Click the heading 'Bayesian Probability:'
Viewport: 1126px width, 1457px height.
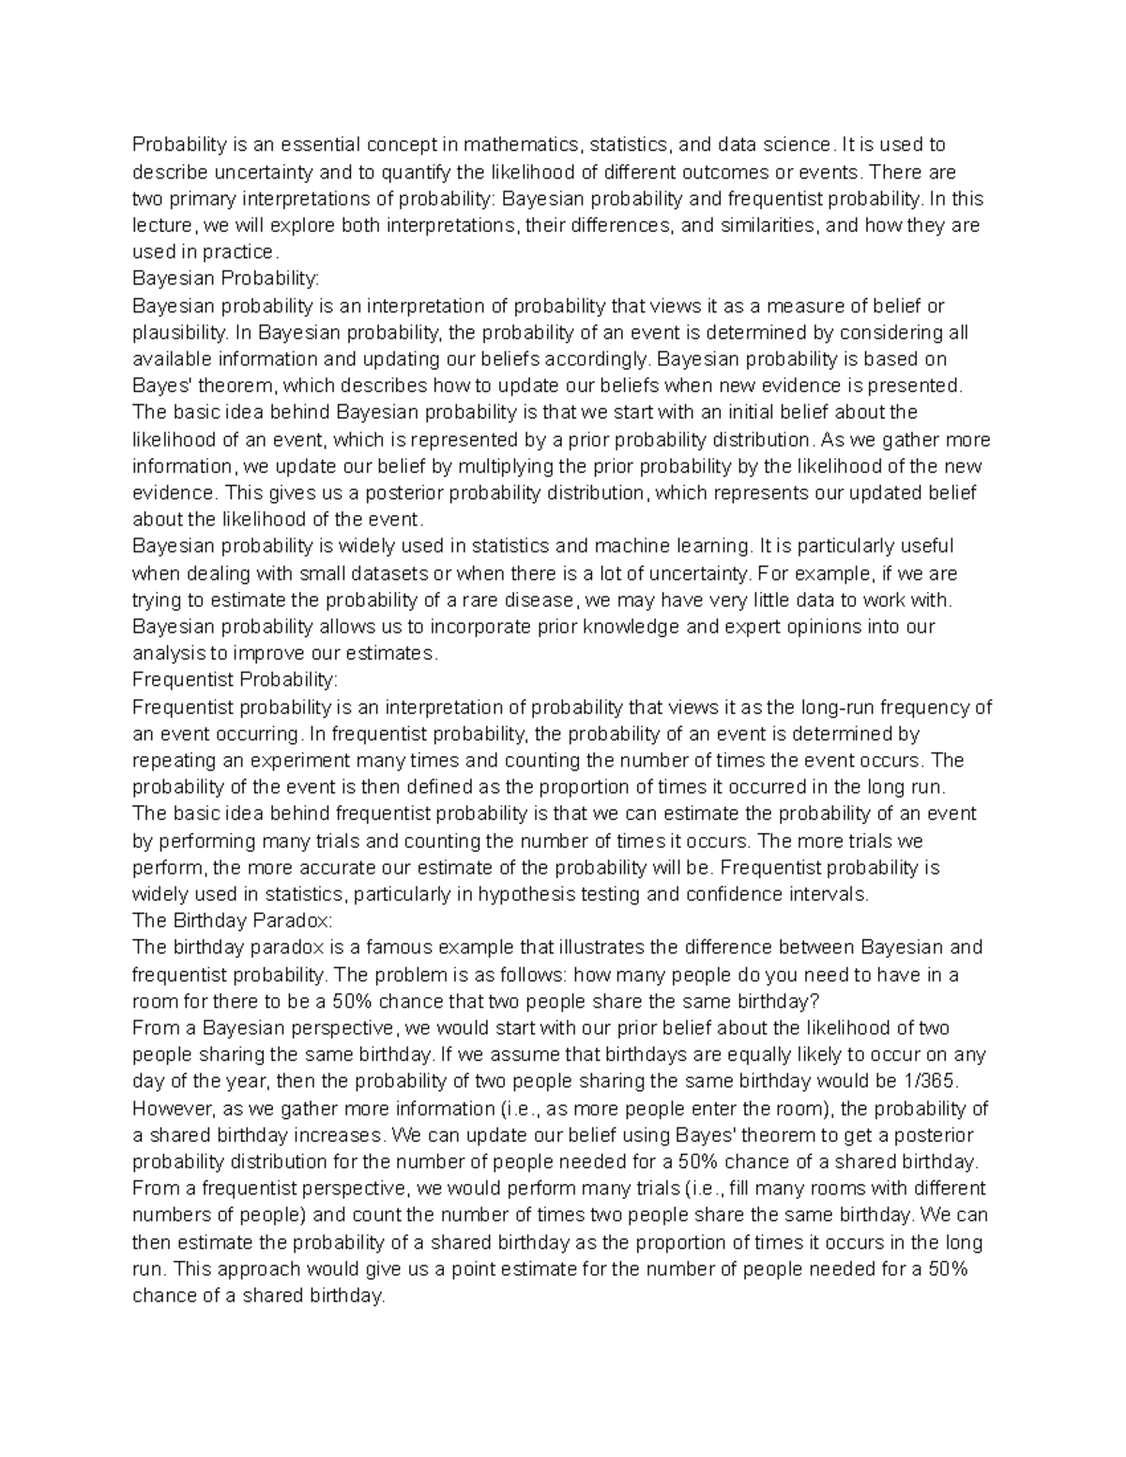point(226,279)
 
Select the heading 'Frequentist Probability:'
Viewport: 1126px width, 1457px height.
point(236,679)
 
